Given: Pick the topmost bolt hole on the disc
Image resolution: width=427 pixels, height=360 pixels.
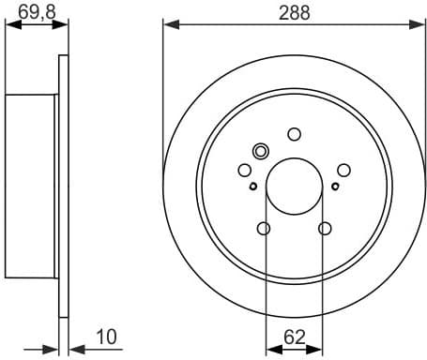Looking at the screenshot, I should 294,133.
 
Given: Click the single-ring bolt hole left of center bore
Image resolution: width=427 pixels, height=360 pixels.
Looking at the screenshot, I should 245,170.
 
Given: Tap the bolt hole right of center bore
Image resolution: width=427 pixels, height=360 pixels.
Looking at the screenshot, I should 343,170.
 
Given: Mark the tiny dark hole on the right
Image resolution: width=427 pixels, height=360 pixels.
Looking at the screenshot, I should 335,186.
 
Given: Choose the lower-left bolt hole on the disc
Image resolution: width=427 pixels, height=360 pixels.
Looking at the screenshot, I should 264,228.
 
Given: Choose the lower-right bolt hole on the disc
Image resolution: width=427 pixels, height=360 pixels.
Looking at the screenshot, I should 325,228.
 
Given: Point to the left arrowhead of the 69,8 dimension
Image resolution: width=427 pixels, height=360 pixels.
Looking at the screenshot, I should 10,25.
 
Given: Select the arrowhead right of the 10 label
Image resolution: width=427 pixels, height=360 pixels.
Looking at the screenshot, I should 75,348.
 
